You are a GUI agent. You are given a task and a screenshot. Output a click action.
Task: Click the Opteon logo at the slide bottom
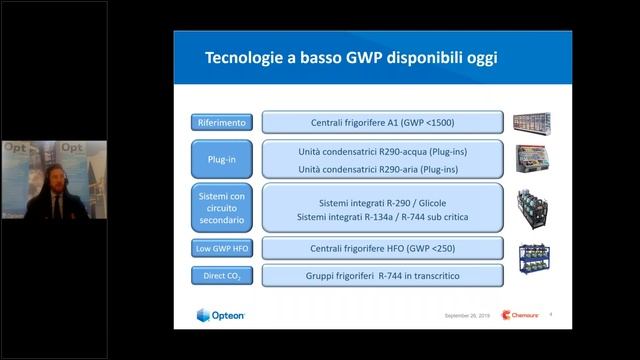click(x=221, y=316)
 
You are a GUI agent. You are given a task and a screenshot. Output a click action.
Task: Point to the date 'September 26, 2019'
click(x=466, y=316)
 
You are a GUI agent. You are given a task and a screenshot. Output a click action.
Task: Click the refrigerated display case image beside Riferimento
click(x=532, y=123)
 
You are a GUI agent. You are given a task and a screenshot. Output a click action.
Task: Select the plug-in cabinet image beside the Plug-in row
click(x=532, y=159)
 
